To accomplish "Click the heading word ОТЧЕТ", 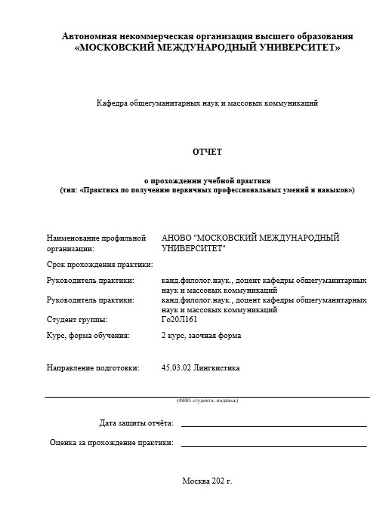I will [x=207, y=152].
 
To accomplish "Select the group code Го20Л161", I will [x=179, y=320].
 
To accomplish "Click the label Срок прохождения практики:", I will [x=100, y=265].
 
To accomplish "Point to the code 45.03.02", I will [x=178, y=369].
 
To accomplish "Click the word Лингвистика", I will [x=219, y=369].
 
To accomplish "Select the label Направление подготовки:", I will [x=93, y=369].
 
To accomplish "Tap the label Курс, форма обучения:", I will [x=88, y=335].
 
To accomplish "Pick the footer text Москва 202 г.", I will [x=207, y=481].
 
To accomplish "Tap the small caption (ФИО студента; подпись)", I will [x=207, y=400].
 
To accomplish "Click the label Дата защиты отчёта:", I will [x=136, y=422].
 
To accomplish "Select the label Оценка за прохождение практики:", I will [x=111, y=442].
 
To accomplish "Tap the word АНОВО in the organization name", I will [x=176, y=238].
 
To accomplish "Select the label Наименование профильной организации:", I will [x=95, y=242].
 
